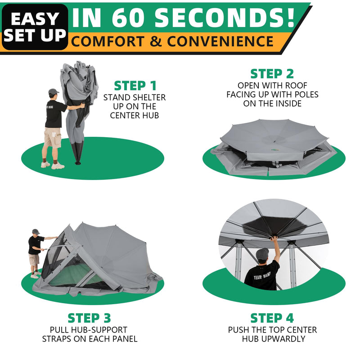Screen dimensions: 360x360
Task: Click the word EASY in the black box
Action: point(35,18)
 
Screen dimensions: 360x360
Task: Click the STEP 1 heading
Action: point(135,85)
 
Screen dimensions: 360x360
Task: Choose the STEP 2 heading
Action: point(272,74)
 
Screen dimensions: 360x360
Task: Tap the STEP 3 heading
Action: point(89,318)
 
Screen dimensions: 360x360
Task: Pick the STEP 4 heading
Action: point(272,318)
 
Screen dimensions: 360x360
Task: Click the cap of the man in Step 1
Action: point(54,91)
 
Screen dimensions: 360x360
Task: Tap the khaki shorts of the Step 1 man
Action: point(53,137)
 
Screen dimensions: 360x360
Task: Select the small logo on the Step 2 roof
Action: point(274,138)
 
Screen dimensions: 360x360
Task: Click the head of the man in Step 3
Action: point(36,233)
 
